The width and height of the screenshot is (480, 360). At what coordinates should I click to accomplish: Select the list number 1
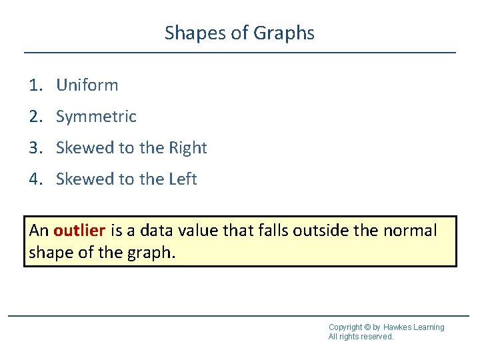(34, 85)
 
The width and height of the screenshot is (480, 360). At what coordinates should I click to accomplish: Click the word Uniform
(87, 85)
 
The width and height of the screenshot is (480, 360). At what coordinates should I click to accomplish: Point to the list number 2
(35, 117)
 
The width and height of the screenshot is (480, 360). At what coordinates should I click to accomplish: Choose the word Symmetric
(96, 117)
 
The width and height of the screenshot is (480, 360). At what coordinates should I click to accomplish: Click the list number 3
(35, 148)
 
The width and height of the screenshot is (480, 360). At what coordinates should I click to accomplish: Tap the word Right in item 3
(189, 148)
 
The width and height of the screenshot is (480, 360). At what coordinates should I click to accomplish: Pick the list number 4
(35, 179)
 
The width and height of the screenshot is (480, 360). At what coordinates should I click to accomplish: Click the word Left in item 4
(183, 179)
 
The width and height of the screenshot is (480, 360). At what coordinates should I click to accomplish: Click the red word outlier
(79, 231)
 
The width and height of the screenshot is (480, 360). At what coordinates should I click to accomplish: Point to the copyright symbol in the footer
(368, 327)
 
